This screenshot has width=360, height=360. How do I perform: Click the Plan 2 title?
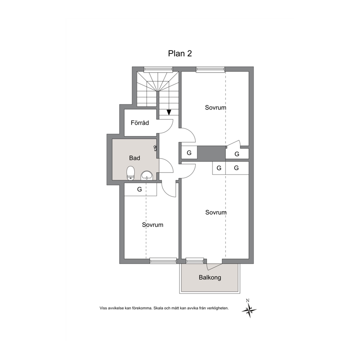point(180,53)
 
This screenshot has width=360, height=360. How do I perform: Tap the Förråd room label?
point(140,123)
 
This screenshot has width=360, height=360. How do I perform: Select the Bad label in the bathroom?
point(135,158)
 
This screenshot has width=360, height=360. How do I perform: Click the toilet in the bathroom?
point(130,173)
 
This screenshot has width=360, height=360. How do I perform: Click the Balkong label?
point(210,278)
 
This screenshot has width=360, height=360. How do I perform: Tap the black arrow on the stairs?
point(169,112)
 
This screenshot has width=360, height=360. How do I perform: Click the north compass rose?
point(249,310)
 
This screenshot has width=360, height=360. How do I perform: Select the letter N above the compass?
point(247,300)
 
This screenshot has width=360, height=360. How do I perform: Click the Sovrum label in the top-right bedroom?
point(216,107)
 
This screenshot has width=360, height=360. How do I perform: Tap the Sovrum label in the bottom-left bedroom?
point(152,225)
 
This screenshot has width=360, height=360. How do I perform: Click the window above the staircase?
point(158,69)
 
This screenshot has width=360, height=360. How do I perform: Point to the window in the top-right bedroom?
point(210,69)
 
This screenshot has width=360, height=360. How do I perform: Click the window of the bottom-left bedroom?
point(163,261)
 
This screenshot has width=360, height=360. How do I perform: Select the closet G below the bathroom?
point(140,189)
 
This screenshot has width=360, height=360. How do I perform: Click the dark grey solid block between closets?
point(212,154)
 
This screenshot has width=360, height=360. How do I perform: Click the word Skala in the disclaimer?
point(158,308)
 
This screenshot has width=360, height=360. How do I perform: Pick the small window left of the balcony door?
point(195,261)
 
